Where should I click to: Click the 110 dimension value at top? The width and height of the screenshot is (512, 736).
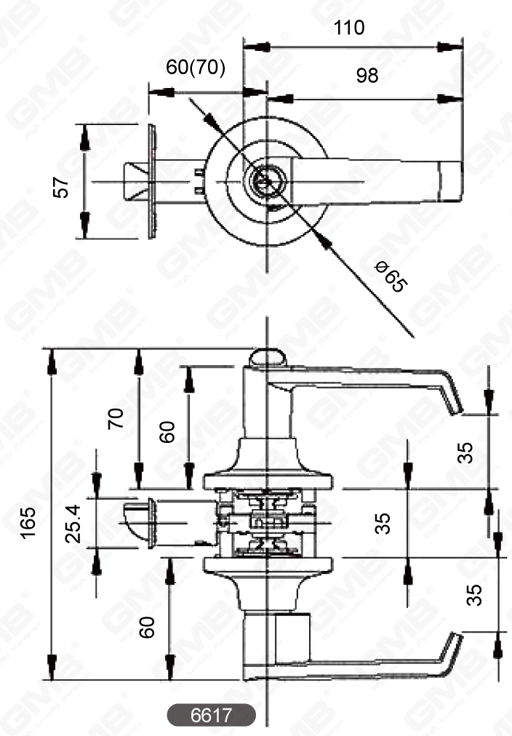point(348,28)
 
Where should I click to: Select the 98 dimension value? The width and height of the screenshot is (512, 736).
point(367,75)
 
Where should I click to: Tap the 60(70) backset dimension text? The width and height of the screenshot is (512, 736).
point(196,68)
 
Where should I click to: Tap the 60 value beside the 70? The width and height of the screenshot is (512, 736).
point(168,431)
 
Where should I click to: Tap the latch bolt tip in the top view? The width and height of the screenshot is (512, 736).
point(135,181)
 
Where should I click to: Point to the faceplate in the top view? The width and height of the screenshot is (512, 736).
point(152,181)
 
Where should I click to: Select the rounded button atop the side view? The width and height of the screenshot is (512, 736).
point(268,357)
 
